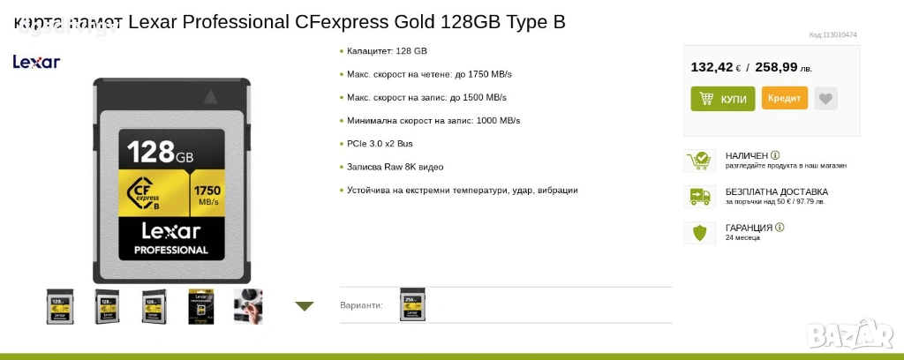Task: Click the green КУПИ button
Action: (x=722, y=99)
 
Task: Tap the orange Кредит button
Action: (x=784, y=98)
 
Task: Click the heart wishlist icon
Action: (x=825, y=99)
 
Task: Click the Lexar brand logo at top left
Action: (x=36, y=62)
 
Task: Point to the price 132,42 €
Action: (x=715, y=67)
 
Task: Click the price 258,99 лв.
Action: (x=783, y=67)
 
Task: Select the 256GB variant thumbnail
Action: (x=412, y=304)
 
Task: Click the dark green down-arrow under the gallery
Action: (x=305, y=306)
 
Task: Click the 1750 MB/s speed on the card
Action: (x=207, y=194)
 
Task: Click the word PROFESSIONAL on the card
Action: (x=171, y=250)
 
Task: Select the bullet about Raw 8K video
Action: (x=395, y=167)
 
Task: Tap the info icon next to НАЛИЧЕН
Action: (x=775, y=155)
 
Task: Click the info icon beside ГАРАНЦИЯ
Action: (x=780, y=228)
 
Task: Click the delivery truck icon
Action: (x=699, y=197)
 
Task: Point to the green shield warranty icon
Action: (x=699, y=233)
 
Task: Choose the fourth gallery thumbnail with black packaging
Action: (x=201, y=306)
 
